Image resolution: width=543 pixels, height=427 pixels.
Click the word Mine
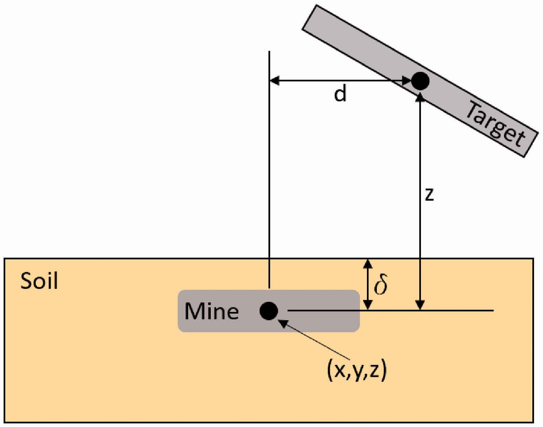pos(211,311)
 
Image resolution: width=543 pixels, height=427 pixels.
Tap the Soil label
pos(39,281)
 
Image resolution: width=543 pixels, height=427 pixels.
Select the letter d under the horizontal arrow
pos(340,93)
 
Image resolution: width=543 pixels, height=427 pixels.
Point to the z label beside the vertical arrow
pos(430,194)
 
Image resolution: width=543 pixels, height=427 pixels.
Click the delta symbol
pos(381,284)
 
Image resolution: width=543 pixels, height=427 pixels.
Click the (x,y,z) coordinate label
pos(357,371)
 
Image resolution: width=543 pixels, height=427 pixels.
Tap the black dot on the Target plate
pos(420,81)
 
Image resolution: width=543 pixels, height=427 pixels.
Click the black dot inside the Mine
pos(269,311)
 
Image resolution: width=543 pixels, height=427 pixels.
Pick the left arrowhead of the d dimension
pos(274,81)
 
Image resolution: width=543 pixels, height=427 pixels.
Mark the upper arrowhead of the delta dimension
pos(368,263)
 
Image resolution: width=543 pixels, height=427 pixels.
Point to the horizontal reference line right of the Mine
pos(391,311)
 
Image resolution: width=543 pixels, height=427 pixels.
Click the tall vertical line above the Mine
pos(270,169)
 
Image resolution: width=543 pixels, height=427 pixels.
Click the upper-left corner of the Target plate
pos(316,5)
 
